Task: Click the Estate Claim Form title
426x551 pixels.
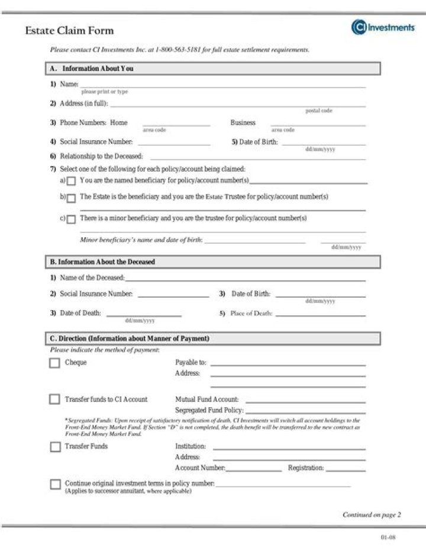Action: [69, 31]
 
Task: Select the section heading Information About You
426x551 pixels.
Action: [98, 69]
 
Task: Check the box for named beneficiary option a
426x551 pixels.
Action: [71, 181]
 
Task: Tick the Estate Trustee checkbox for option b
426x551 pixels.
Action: [71, 198]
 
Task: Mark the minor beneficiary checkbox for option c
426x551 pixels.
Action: [71, 220]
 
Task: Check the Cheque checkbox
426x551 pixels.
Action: [54, 363]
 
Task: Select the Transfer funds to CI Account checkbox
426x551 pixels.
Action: [54, 399]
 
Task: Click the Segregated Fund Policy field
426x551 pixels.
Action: [305, 410]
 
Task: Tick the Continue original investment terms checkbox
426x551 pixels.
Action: [55, 484]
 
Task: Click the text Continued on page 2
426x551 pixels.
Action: [372, 515]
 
